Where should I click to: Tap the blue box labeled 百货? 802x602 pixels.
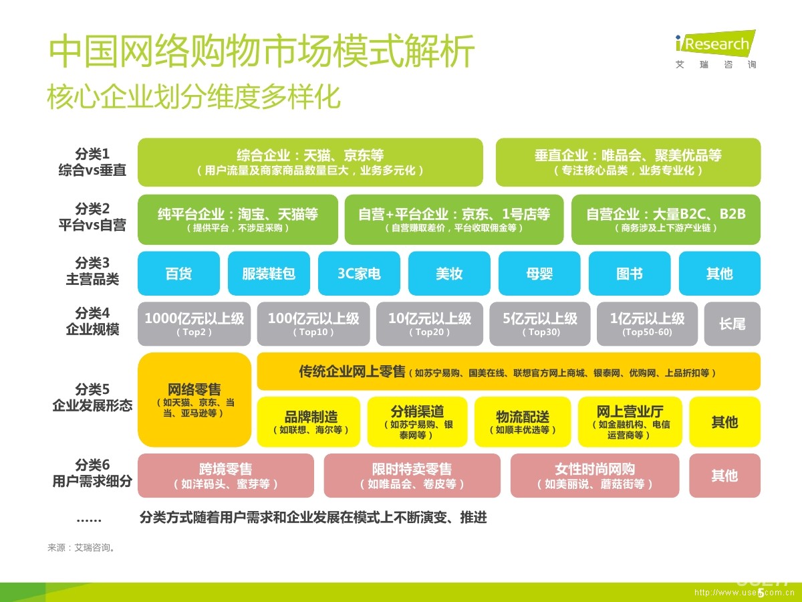point(178,274)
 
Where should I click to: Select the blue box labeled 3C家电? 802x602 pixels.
point(359,274)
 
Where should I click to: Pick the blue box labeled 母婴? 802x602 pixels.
point(539,274)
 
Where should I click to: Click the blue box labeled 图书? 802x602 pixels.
point(630,274)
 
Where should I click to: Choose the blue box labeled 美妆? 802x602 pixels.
point(449,274)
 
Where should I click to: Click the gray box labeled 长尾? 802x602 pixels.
point(732,324)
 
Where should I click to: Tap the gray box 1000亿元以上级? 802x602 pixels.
point(194,324)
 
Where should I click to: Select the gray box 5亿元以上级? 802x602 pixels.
point(540,324)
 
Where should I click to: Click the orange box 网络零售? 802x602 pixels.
point(194,399)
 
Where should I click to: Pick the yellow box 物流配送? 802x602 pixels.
point(523,422)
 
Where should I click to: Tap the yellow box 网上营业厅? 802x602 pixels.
point(630,422)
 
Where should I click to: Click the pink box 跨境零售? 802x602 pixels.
point(226,476)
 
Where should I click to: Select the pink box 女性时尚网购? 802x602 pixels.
point(595,476)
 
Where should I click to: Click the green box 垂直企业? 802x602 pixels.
point(628,162)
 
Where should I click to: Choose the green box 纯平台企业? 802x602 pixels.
point(237,219)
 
